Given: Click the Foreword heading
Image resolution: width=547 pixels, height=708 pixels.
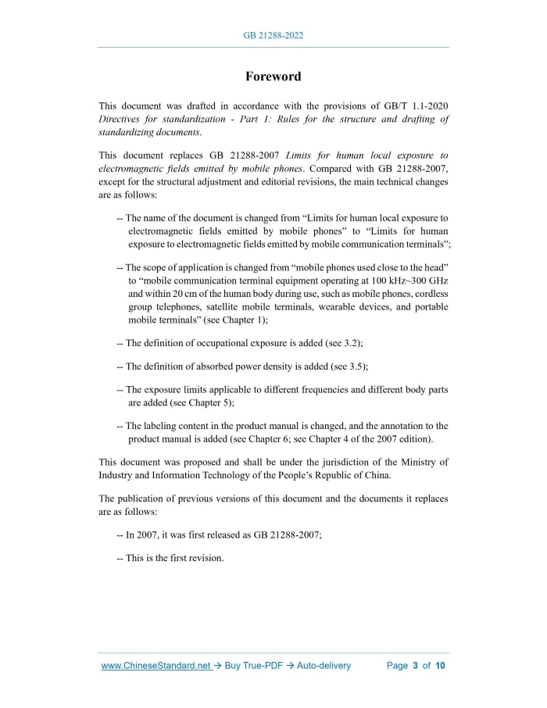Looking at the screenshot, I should (273, 77).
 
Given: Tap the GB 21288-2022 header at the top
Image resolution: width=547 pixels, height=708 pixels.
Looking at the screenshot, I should (273, 36).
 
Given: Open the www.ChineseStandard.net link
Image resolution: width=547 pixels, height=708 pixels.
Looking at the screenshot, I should (156, 666).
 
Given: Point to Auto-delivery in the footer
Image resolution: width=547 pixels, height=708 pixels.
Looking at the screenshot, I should (323, 666).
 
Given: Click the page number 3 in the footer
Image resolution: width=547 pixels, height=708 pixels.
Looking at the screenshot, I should (416, 666).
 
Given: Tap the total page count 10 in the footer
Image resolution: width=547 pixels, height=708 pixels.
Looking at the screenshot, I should (440, 666).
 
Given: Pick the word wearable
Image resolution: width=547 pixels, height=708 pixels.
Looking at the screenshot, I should (340, 307).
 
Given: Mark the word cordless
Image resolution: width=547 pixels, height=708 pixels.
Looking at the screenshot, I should (430, 293).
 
